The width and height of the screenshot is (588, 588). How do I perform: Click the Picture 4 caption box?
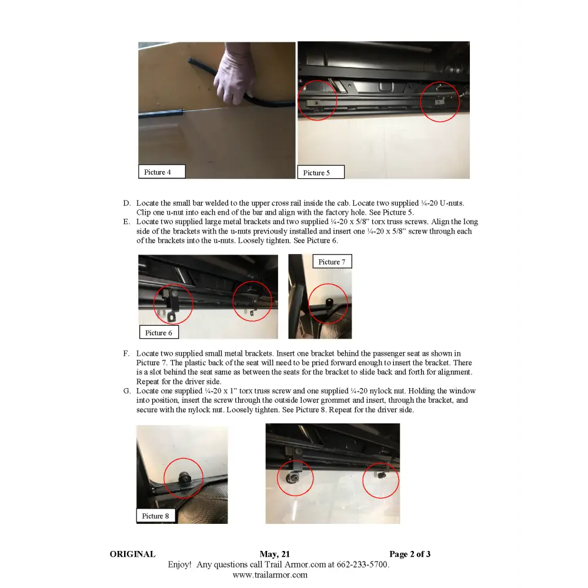[161, 172]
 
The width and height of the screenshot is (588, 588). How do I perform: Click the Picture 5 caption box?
[320, 172]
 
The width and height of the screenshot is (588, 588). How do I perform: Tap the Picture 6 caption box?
[159, 332]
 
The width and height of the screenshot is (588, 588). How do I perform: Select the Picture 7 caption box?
[332, 262]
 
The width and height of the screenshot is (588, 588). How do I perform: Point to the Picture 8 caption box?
[156, 516]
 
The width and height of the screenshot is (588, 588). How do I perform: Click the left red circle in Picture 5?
[317, 101]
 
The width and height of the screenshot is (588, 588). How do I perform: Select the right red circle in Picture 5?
[440, 101]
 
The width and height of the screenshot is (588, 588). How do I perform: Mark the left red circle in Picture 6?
[173, 304]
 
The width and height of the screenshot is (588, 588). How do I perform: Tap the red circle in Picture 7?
[329, 303]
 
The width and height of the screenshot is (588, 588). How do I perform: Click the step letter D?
[126, 203]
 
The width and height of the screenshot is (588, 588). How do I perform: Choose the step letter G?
[126, 391]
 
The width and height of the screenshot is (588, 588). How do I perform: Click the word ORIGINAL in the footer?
[132, 554]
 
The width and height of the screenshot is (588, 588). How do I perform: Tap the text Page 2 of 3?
[410, 554]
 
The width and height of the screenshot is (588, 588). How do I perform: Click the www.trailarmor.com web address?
[270, 575]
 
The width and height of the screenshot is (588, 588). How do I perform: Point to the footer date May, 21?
[275, 554]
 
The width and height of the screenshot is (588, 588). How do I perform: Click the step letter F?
[126, 354]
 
